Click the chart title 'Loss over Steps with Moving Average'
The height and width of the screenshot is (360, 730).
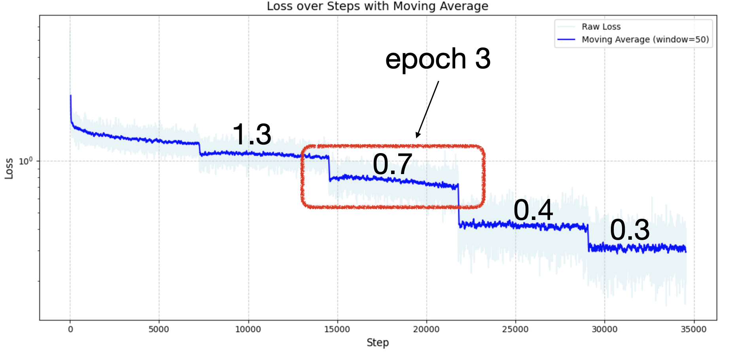coord(377,6)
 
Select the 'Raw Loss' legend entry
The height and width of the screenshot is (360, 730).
coord(601,27)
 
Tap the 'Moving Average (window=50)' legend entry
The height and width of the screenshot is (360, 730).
coord(645,40)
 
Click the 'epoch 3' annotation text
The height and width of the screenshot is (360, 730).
coord(438,59)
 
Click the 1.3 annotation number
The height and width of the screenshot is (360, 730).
coord(252,134)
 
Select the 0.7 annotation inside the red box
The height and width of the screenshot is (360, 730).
coord(392,164)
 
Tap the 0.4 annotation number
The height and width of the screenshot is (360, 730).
coord(533,210)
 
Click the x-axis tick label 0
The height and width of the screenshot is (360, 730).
coord(70,329)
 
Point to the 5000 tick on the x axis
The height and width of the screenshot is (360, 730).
coord(159,329)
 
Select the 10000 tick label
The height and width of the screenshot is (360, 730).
coord(248,329)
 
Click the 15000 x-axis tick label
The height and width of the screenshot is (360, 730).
coord(337,329)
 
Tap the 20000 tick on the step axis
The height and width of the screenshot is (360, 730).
coord(426,329)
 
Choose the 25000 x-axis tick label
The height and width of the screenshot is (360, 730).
coord(515,329)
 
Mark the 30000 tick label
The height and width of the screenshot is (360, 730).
coord(604,329)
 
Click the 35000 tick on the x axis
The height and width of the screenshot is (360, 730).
coord(693,329)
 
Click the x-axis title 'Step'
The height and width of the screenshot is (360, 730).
coord(378,343)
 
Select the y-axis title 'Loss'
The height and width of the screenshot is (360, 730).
coord(9,169)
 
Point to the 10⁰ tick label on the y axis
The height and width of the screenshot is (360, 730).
coord(26,161)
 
